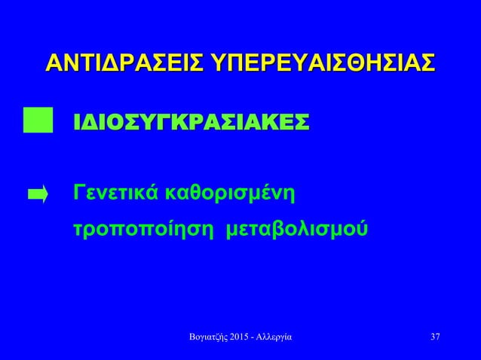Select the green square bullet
pyautogui.click(x=38, y=121)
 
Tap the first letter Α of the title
pyautogui.click(x=54, y=63)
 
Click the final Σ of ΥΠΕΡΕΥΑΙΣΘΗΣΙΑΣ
pyautogui.click(x=427, y=63)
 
